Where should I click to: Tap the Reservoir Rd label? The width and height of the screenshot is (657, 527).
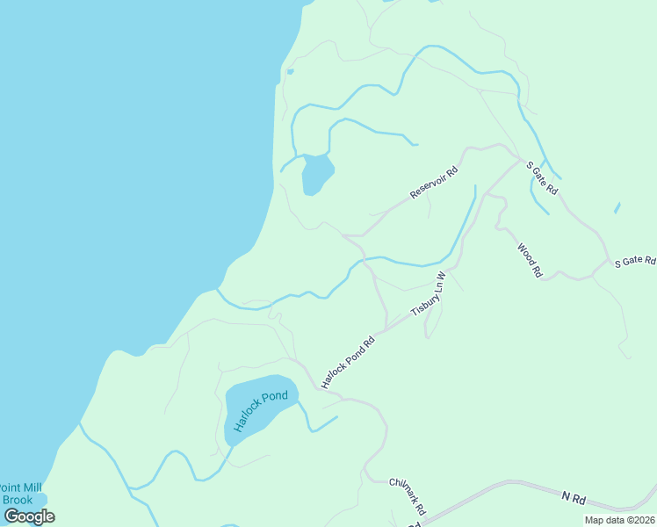click(x=434, y=183)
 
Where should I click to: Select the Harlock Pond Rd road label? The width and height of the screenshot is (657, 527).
click(x=348, y=360)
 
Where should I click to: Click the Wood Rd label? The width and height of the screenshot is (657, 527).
click(x=530, y=261)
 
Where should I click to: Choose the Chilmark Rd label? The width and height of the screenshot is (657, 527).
click(x=408, y=496)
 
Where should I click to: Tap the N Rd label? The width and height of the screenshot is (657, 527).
click(x=574, y=498)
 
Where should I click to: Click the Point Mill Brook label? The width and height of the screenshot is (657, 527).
click(x=19, y=494)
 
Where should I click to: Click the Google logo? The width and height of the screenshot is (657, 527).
click(x=29, y=516)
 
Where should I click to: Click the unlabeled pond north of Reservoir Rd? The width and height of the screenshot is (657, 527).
click(x=317, y=173)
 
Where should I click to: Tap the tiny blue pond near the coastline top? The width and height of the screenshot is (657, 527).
click(x=290, y=71)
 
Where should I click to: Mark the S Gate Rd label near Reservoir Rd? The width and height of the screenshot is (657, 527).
click(x=542, y=177)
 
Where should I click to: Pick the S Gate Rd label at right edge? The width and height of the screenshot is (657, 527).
click(x=634, y=262)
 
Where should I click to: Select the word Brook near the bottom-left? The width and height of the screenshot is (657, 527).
click(x=18, y=500)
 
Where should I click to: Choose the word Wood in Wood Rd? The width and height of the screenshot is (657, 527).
click(x=525, y=255)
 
